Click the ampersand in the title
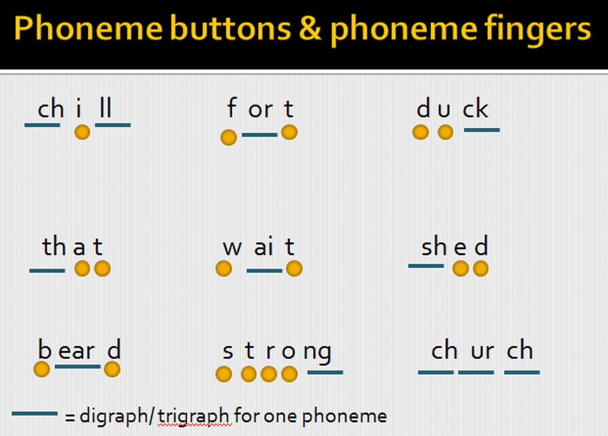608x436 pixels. (310, 28)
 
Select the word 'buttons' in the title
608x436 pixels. (230, 28)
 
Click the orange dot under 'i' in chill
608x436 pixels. (82, 132)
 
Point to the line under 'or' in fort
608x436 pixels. (259, 135)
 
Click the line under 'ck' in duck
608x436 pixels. (482, 130)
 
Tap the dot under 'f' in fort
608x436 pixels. (228, 137)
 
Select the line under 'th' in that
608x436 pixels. (47, 271)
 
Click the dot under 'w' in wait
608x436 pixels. (224, 269)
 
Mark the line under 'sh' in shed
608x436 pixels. (426, 266)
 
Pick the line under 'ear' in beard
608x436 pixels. (78, 366)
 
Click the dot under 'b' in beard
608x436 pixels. (41, 369)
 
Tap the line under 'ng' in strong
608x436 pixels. (325, 373)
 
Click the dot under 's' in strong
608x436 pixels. (224, 374)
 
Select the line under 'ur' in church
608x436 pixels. (476, 373)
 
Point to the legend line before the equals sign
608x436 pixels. (34, 414)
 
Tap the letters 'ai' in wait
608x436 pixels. (263, 247)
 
